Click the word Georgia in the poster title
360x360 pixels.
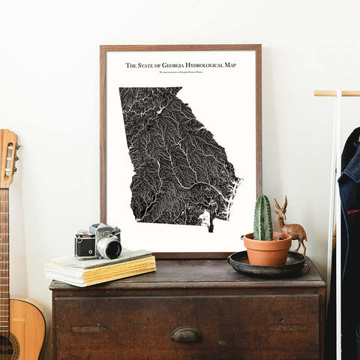point(166,65)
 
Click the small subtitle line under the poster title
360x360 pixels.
point(181,73)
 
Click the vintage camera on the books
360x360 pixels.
point(97,241)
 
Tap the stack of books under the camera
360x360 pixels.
point(100,268)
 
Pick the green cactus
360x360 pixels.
point(263,218)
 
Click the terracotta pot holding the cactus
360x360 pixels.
point(268,250)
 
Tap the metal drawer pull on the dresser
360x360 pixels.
point(186,334)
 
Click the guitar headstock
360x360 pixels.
point(8,157)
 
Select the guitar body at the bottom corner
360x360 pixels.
point(22,330)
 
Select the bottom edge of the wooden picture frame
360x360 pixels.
point(180,255)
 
